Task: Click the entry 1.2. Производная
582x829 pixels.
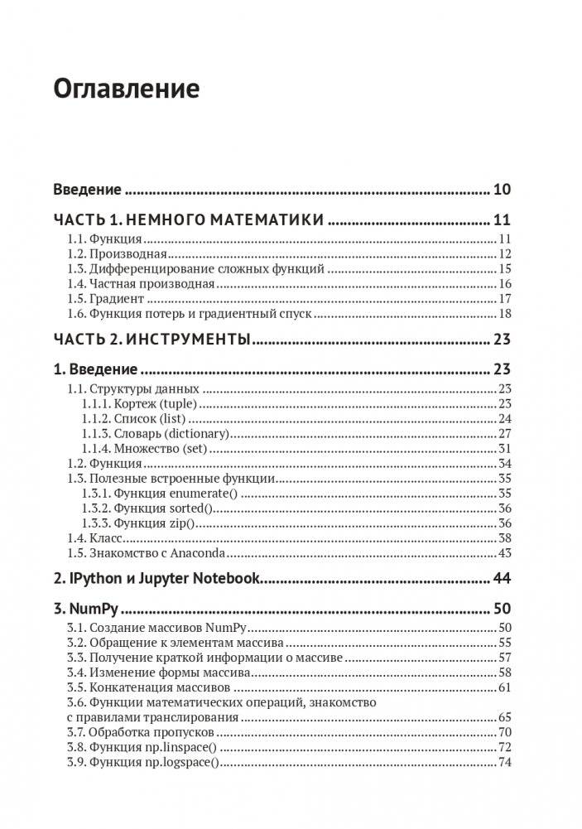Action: [117, 253]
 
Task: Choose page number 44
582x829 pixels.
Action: [502, 578]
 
